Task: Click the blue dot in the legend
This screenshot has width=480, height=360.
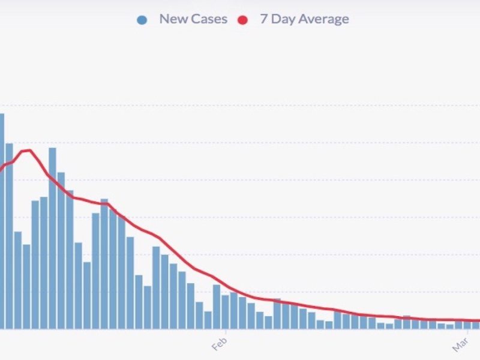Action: (142, 19)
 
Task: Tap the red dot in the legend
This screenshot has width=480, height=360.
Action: (243, 19)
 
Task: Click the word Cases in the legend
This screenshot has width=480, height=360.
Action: (208, 19)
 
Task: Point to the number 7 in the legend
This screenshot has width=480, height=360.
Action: (263, 19)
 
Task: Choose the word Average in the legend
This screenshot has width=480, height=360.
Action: (323, 19)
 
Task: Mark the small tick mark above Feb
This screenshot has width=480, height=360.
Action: (226, 331)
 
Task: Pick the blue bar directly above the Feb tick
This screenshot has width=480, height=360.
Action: (225, 311)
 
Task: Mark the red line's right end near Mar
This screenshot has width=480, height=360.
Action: (478, 320)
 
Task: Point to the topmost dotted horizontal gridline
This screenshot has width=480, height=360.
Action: (240, 106)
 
